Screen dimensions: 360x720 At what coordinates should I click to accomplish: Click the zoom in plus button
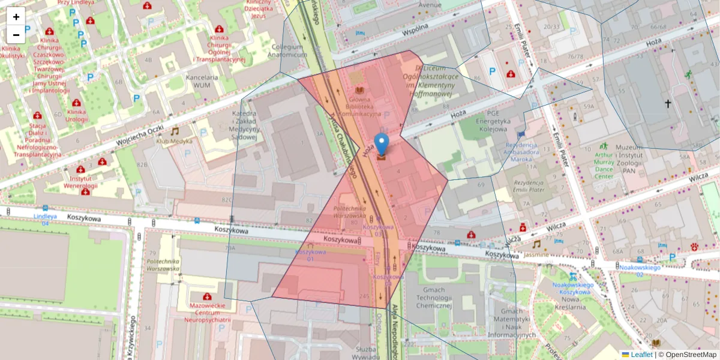coord(16,17)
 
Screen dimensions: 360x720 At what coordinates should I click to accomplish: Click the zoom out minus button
coord(16,34)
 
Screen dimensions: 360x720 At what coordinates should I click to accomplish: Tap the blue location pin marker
coord(381,144)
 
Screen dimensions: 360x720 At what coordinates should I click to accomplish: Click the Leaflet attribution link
coord(641,355)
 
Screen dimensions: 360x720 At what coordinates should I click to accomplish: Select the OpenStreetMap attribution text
coord(687,355)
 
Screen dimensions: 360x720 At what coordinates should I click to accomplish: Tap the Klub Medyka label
coord(175,141)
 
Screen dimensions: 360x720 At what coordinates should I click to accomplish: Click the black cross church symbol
coord(668,104)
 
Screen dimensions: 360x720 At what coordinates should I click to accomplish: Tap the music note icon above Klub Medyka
coord(175,131)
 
